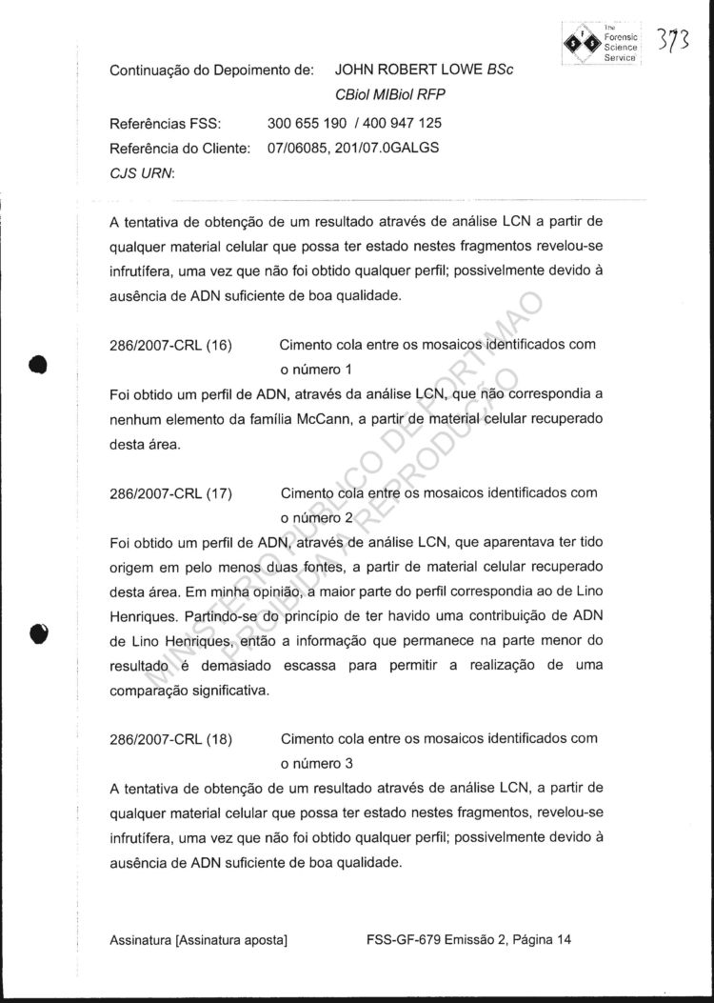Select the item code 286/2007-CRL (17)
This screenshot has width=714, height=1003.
point(171,493)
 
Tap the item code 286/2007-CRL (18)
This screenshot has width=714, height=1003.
point(171,739)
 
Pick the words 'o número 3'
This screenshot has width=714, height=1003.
point(317,764)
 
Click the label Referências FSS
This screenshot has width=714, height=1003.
point(166,124)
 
